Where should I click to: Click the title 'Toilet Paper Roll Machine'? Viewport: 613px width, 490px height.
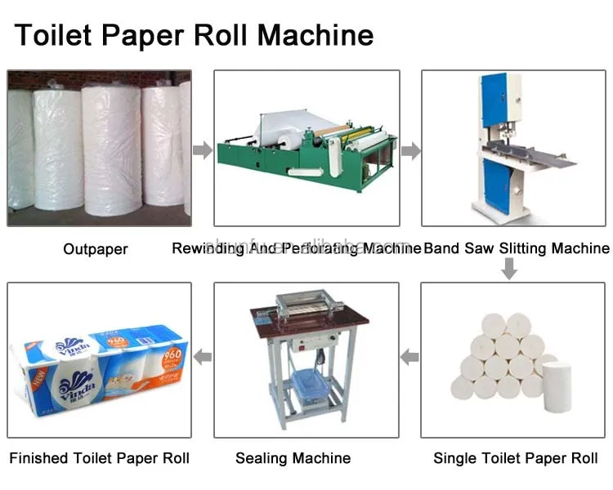click(194, 35)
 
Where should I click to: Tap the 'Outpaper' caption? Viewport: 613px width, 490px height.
click(96, 248)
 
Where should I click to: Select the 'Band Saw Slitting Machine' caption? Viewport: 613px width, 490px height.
click(517, 248)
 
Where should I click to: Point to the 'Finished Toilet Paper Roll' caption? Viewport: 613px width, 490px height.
click(100, 458)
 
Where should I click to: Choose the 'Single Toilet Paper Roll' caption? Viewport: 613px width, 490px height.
click(515, 458)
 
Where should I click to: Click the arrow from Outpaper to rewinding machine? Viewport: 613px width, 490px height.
click(202, 150)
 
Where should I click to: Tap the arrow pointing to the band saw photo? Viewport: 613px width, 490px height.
click(411, 150)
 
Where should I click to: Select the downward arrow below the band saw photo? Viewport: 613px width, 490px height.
click(508, 269)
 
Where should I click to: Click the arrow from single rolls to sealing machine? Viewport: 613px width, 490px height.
click(410, 357)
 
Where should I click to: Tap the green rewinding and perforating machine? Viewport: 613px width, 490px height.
click(306, 151)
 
